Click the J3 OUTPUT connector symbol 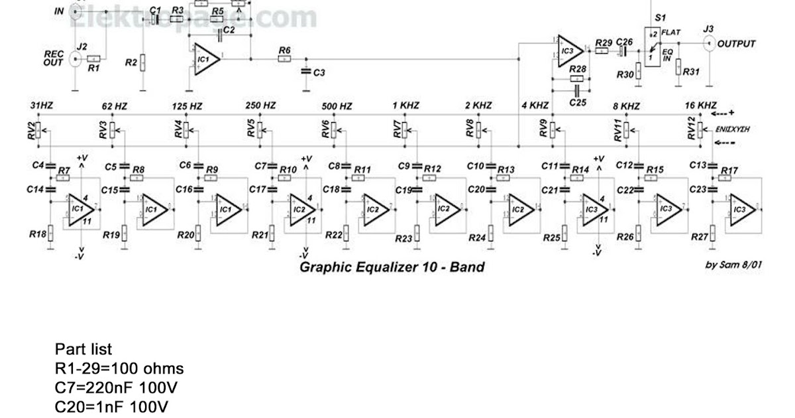click(x=708, y=44)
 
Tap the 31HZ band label click(x=41, y=106)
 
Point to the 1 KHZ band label click(x=405, y=106)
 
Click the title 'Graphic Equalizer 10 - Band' click(x=392, y=267)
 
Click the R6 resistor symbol click(x=284, y=59)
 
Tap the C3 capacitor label click(x=319, y=72)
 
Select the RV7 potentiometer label click(x=397, y=129)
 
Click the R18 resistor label click(x=38, y=234)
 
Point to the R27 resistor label click(x=699, y=236)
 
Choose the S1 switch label click(x=660, y=17)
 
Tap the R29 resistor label click(x=604, y=42)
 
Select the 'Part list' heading click(x=83, y=350)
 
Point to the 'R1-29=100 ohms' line click(x=119, y=368)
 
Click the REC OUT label click(x=54, y=57)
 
